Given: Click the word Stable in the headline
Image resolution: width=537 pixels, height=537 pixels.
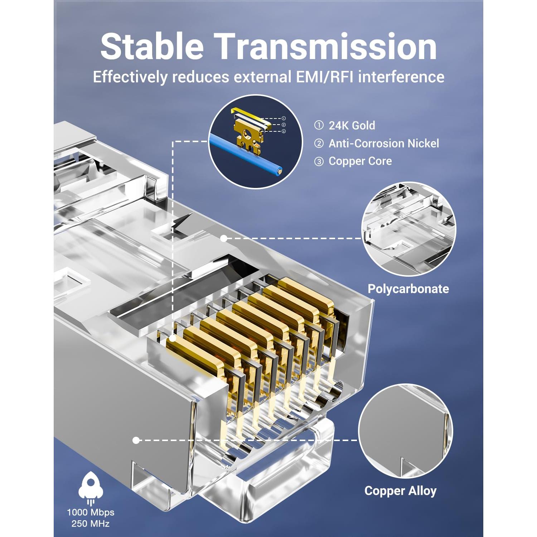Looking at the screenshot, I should [x=152, y=47].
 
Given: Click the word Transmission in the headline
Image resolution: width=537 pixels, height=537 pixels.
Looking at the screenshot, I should [x=326, y=47].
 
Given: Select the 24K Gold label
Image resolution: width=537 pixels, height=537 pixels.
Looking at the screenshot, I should [x=352, y=126].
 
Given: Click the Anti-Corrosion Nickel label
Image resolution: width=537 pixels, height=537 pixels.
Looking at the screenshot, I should [x=383, y=144].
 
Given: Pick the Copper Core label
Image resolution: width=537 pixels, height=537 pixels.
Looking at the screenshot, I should [x=360, y=161].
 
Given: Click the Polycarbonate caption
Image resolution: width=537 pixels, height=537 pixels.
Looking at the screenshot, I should [x=408, y=289].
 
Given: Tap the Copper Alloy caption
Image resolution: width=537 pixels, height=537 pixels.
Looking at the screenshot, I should [x=400, y=490].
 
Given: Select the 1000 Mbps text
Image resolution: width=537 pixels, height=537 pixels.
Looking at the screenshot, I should [x=91, y=512].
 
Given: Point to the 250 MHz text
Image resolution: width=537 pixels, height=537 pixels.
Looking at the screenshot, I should [x=91, y=524].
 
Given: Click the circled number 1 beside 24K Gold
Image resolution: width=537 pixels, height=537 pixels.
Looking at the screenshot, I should [x=319, y=126].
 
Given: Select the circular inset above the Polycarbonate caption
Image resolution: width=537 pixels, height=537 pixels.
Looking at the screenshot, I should [x=408, y=229].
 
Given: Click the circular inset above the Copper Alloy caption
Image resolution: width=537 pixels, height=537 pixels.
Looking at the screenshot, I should [x=405, y=431].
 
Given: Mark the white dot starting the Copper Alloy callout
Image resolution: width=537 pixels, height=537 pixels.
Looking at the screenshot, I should [x=136, y=440].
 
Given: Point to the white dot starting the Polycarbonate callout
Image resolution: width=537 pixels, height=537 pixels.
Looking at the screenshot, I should [x=223, y=238].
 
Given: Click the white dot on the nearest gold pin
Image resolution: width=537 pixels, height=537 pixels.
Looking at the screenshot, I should [x=173, y=338].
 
